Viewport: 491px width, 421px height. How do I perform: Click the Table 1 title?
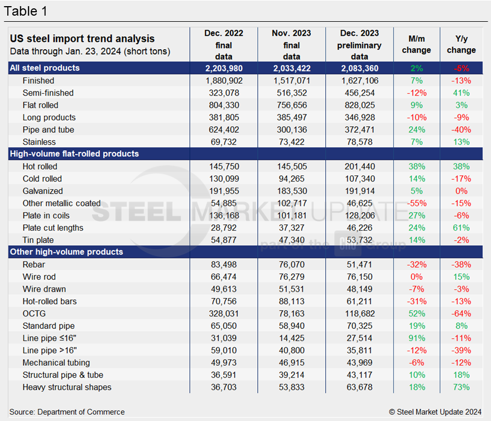pos(26,11)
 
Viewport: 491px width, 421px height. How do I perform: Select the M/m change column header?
pos(416,45)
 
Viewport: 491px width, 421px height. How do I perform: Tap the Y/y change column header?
pos(461,45)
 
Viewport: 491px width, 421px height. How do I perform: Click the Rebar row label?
pos(34,264)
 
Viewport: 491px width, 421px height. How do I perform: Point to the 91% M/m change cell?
pos(416,338)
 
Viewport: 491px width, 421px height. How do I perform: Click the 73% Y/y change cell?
pos(461,387)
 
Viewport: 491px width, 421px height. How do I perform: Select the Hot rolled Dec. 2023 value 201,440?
pos(359,166)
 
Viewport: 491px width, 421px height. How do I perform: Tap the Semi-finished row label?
pos(48,93)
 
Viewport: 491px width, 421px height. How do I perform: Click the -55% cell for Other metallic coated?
pos(416,203)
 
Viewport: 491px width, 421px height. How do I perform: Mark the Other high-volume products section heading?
pos(66,252)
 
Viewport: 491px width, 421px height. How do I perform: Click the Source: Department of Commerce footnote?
pos(67,412)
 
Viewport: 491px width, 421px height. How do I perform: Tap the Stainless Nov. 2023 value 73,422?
pos(291,142)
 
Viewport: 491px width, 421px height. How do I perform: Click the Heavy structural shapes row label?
pos(67,387)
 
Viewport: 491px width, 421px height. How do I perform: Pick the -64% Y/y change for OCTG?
pos(461,313)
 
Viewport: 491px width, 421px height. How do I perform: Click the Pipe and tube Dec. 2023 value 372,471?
pos(359,130)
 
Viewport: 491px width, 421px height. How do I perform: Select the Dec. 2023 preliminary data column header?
pos(359,45)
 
